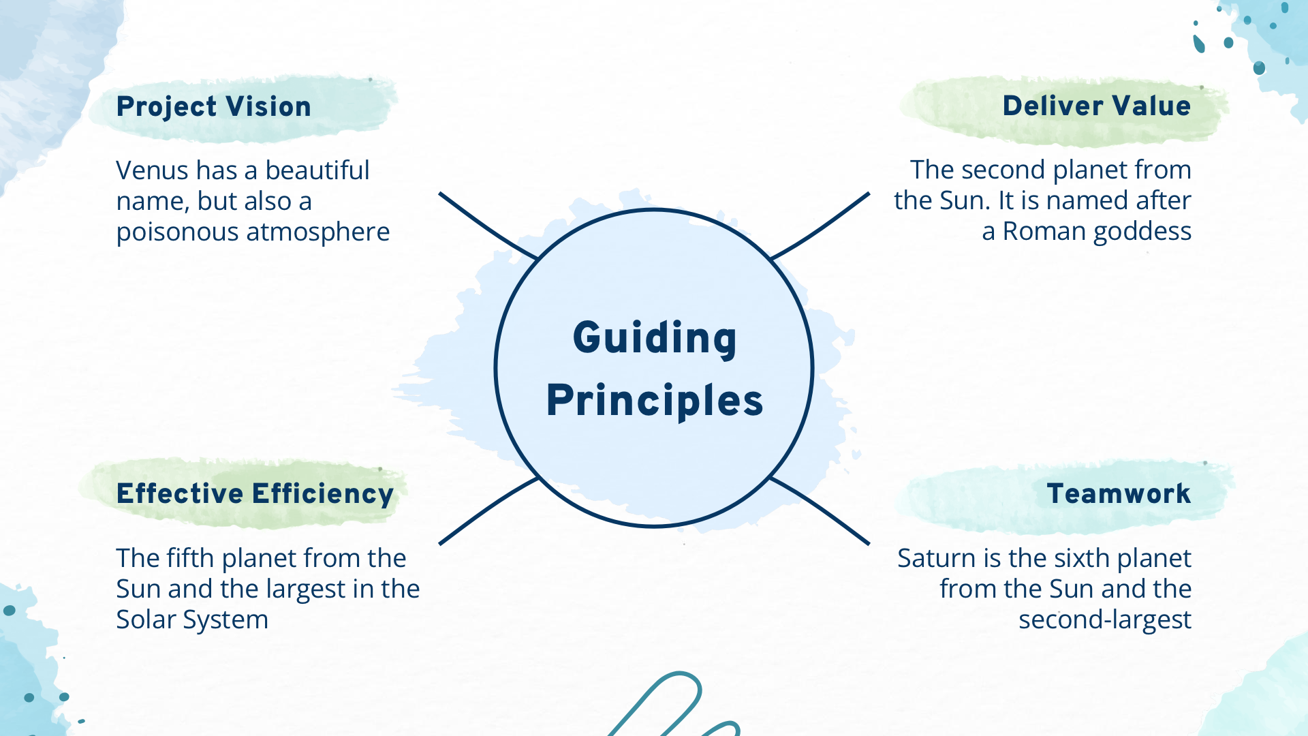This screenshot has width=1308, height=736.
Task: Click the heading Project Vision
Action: [x=213, y=107]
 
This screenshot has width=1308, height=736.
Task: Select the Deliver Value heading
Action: [x=1096, y=106]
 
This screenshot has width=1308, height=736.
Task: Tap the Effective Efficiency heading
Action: [x=255, y=494]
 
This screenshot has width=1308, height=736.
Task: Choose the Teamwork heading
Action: [x=1119, y=493]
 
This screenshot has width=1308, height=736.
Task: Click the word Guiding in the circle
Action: [x=655, y=338]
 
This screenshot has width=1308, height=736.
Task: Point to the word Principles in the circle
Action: [x=655, y=400]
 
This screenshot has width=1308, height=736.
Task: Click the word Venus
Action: [x=142, y=170]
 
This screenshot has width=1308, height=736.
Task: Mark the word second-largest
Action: [x=1104, y=620]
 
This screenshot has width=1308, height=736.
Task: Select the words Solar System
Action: [x=192, y=620]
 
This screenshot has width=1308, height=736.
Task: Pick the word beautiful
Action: [x=317, y=170]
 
